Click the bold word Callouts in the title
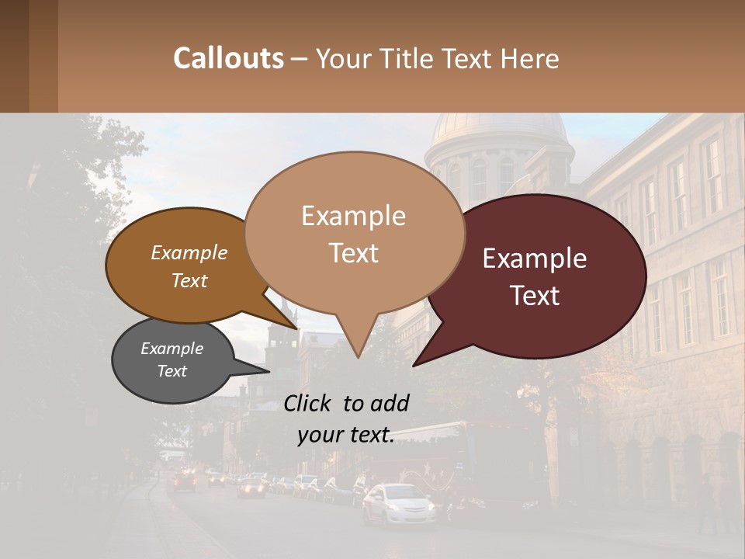228,59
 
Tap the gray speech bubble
173,361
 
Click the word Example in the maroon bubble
535,259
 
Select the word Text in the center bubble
353,253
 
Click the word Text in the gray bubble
172,371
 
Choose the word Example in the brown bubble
189,252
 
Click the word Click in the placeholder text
308,403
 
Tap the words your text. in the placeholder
346,436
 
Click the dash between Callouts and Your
300,59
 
